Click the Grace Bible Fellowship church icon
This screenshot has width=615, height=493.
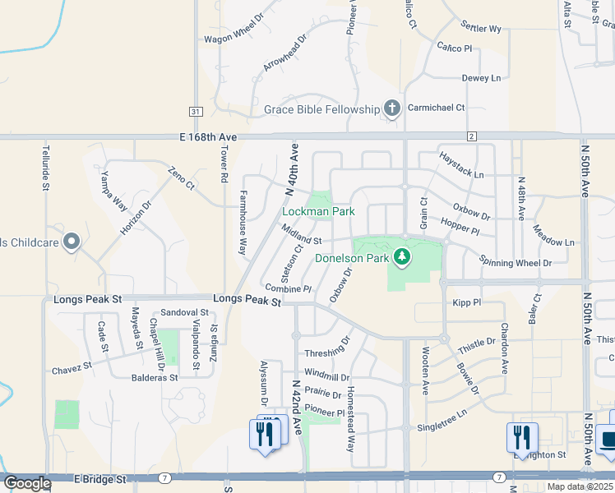pyautogui.click(x=392, y=108)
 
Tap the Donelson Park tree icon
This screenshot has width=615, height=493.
pyautogui.click(x=402, y=258)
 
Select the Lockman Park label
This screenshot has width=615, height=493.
pyautogui.click(x=318, y=211)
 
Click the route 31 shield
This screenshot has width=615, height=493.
pyautogui.click(x=195, y=111)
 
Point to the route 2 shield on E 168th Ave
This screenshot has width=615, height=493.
pyautogui.click(x=472, y=136)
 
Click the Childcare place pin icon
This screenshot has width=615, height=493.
pyautogui.click(x=72, y=242)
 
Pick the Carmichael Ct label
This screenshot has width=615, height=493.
pyautogui.click(x=437, y=108)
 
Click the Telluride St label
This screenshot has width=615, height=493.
pyautogui.click(x=45, y=170)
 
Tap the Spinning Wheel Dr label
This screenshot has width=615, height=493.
pyautogui.click(x=516, y=263)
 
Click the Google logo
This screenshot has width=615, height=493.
pyautogui.click(x=27, y=483)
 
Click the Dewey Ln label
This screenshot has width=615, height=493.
pyautogui.click(x=481, y=78)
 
